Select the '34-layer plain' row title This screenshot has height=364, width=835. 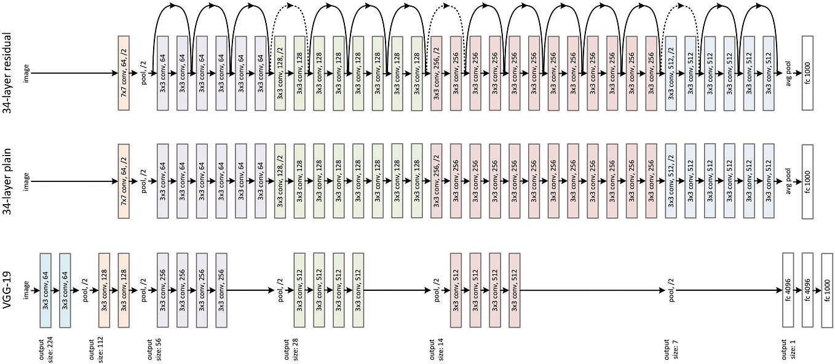(10, 181)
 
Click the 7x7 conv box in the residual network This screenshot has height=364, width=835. (124, 73)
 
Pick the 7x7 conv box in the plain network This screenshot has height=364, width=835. (124, 181)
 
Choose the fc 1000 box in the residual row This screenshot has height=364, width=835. (807, 73)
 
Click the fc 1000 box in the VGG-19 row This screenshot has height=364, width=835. (827, 290)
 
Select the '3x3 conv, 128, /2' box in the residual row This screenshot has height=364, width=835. (280, 73)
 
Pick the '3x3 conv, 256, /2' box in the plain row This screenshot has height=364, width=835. (436, 181)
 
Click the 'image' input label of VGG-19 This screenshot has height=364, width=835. (26, 290)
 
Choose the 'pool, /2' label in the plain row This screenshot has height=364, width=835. (144, 181)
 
